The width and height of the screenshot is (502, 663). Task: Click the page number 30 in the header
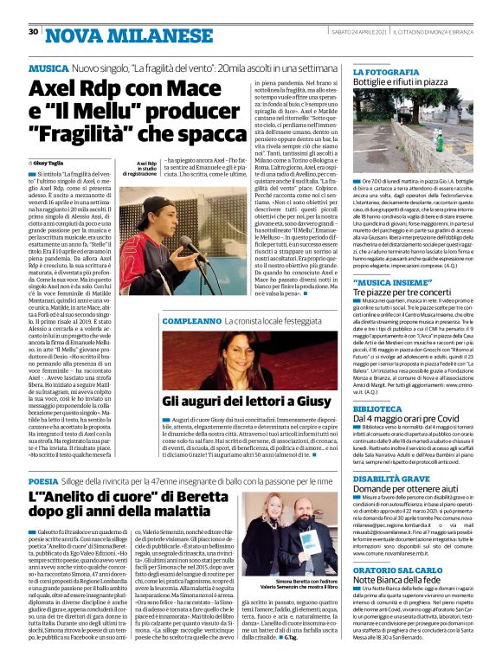coord(33,31)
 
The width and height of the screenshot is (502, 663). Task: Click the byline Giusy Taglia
coord(50,162)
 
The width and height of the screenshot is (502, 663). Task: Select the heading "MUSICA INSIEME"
coord(389,282)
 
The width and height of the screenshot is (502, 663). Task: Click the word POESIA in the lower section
coord(44,480)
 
